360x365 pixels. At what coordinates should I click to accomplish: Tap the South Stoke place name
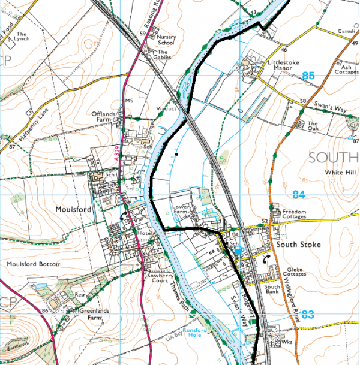click(x=298, y=245)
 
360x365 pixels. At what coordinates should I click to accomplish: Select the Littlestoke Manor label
click(x=275, y=65)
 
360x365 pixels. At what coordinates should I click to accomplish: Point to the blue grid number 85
click(x=308, y=76)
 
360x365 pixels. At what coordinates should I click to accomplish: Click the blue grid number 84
click(x=299, y=194)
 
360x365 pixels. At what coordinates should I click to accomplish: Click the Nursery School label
click(x=166, y=40)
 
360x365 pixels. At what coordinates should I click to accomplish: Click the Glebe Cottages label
click(x=296, y=272)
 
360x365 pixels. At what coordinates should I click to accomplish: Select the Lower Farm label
click(x=181, y=209)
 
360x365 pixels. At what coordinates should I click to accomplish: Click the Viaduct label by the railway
click(x=168, y=109)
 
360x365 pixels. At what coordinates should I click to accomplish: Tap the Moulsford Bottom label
click(x=34, y=264)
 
